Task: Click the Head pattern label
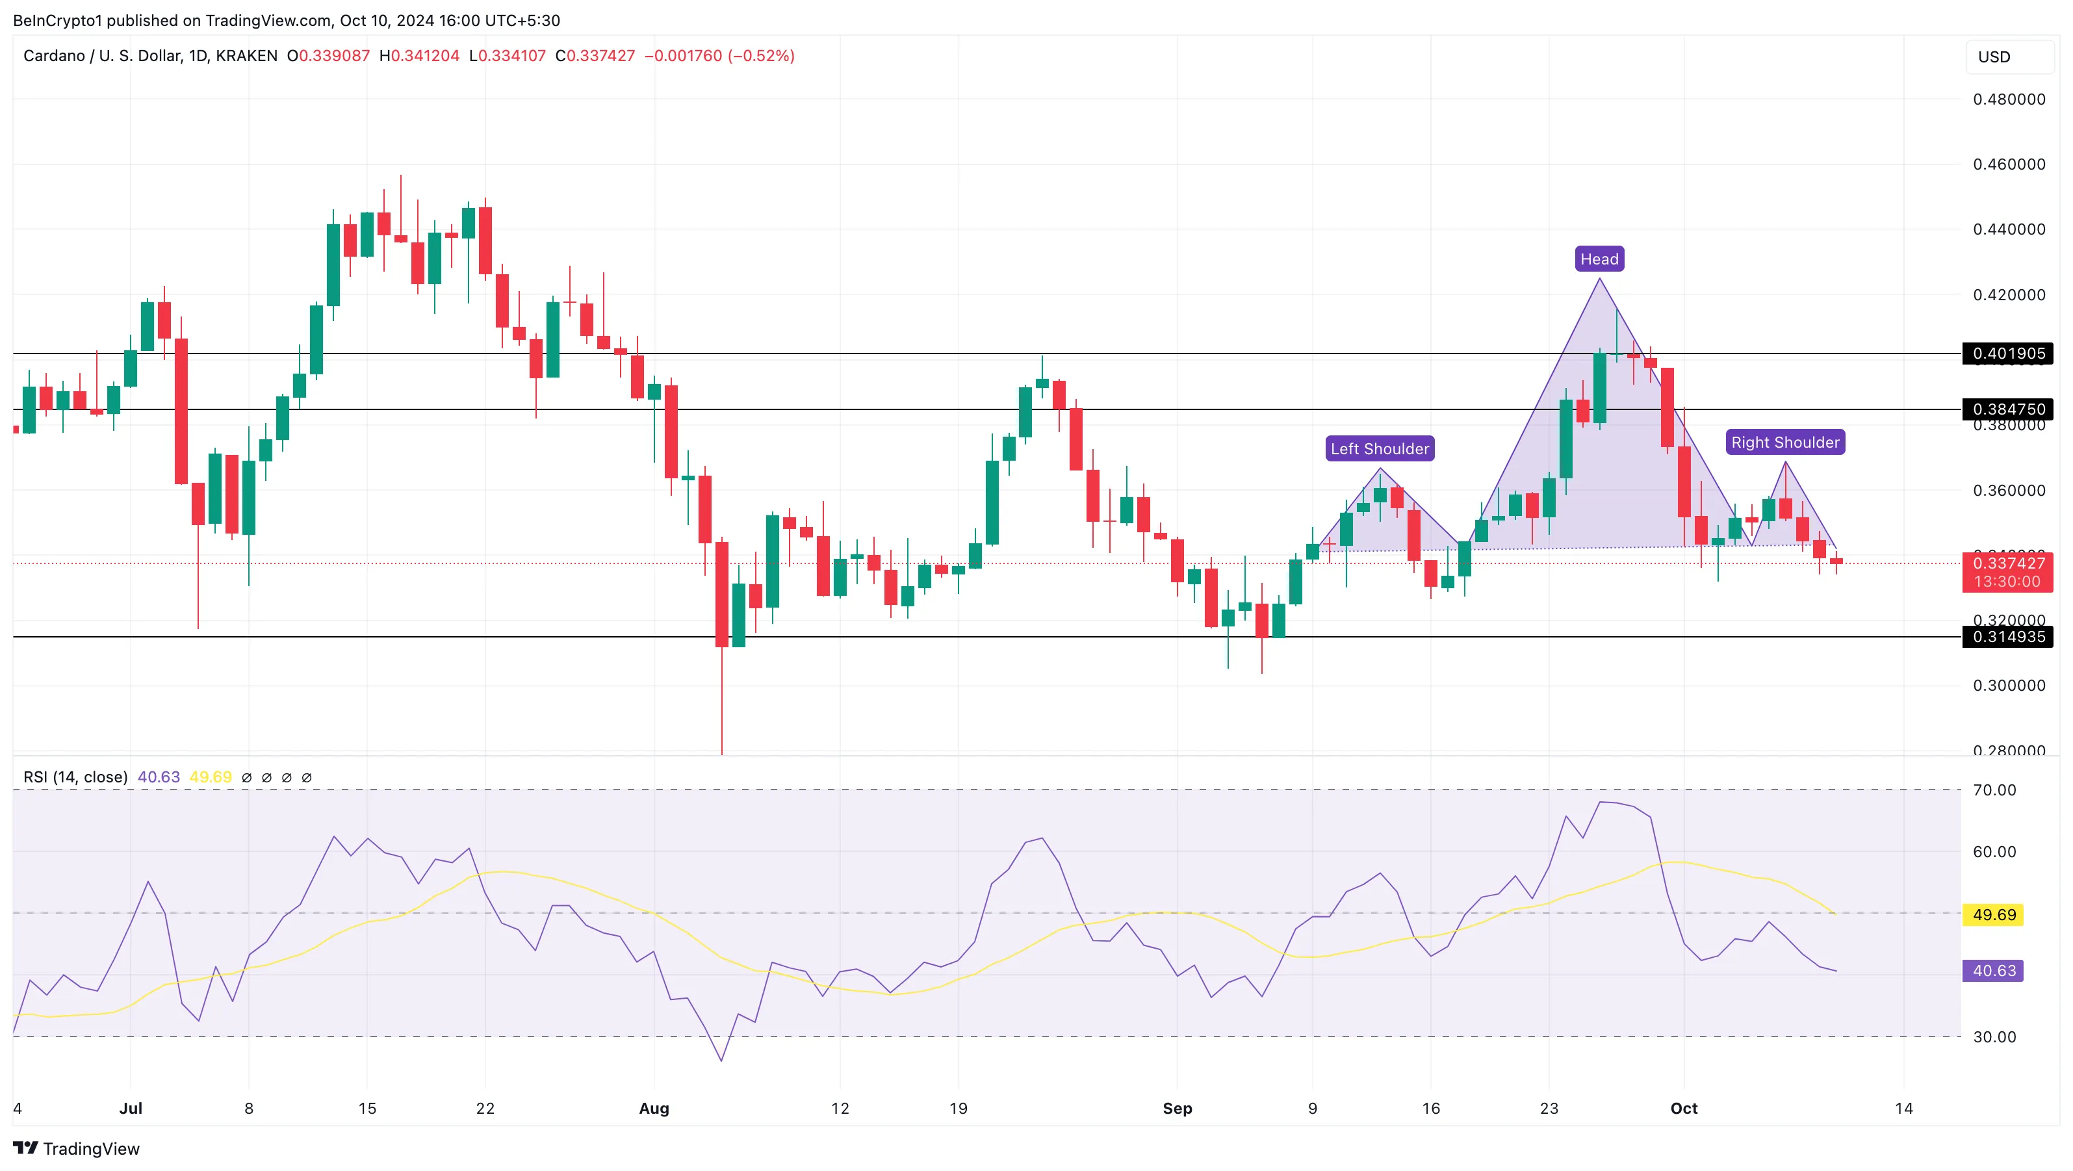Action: point(1599,259)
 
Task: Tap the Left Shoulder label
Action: point(1380,449)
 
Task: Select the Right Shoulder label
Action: point(1785,443)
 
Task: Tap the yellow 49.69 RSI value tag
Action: point(1993,915)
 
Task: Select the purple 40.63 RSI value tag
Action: point(1993,971)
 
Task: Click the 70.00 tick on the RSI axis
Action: point(1994,790)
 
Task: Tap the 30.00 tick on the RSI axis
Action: point(1994,1036)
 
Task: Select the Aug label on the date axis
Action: point(654,1108)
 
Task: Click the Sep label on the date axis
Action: point(1176,1108)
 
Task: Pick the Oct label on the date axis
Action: point(1684,1108)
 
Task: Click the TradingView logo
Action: point(77,1148)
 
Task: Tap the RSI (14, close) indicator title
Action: point(75,777)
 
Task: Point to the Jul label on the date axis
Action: point(131,1108)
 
